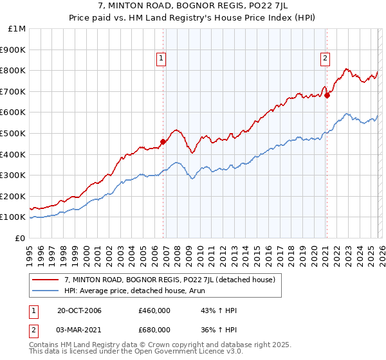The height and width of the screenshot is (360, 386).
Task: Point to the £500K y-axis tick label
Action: [x=14, y=133]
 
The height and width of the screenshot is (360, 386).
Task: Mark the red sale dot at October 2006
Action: [x=163, y=142]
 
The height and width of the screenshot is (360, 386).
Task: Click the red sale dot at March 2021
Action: [x=327, y=96]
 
